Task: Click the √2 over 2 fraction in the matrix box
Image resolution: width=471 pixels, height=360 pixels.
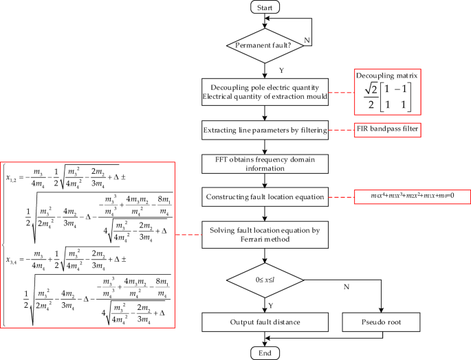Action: click(x=372, y=98)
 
